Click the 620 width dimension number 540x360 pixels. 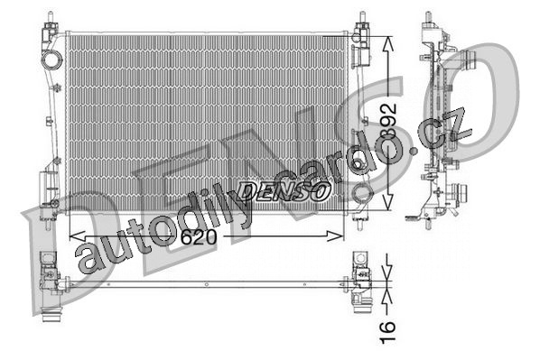click(199, 236)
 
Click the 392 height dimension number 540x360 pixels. click(388, 121)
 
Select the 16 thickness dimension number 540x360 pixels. click(387, 332)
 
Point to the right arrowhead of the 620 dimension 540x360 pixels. click(335, 236)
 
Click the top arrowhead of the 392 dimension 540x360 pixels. click(388, 44)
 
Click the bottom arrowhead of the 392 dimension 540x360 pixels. click(388, 202)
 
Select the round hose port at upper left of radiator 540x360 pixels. click(52, 60)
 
